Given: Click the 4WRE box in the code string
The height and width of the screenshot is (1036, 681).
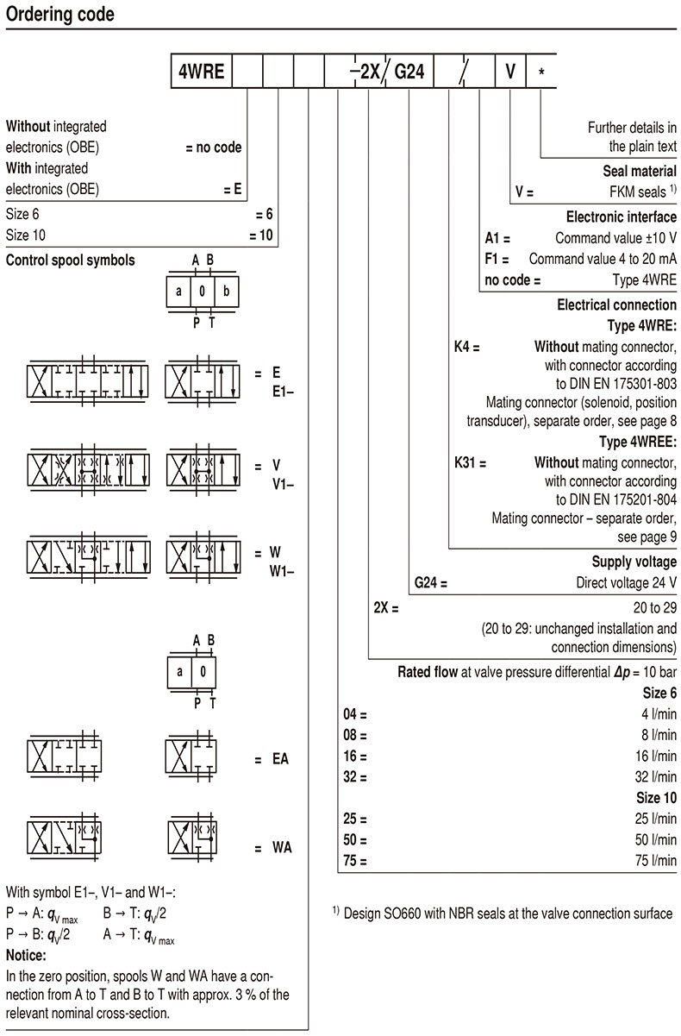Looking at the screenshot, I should click(x=201, y=72).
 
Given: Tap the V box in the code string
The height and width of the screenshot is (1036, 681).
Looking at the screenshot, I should click(x=509, y=72).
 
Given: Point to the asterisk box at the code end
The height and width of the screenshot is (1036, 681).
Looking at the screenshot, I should click(x=540, y=72).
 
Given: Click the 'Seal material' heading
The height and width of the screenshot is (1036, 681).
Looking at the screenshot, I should click(x=640, y=172).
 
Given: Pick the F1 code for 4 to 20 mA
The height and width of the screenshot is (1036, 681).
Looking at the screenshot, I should click(x=497, y=259).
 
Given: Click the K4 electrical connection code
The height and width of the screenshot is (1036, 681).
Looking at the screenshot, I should click(x=466, y=347).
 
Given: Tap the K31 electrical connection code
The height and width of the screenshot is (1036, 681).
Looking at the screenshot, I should click(x=470, y=462).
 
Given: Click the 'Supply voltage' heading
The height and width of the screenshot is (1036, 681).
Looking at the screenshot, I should click(x=634, y=562).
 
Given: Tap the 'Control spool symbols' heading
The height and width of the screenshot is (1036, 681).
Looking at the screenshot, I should click(x=71, y=260).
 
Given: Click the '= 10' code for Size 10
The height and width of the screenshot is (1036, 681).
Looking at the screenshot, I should click(x=260, y=235).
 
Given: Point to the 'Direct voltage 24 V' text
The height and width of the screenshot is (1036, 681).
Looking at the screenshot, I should click(x=626, y=582).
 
